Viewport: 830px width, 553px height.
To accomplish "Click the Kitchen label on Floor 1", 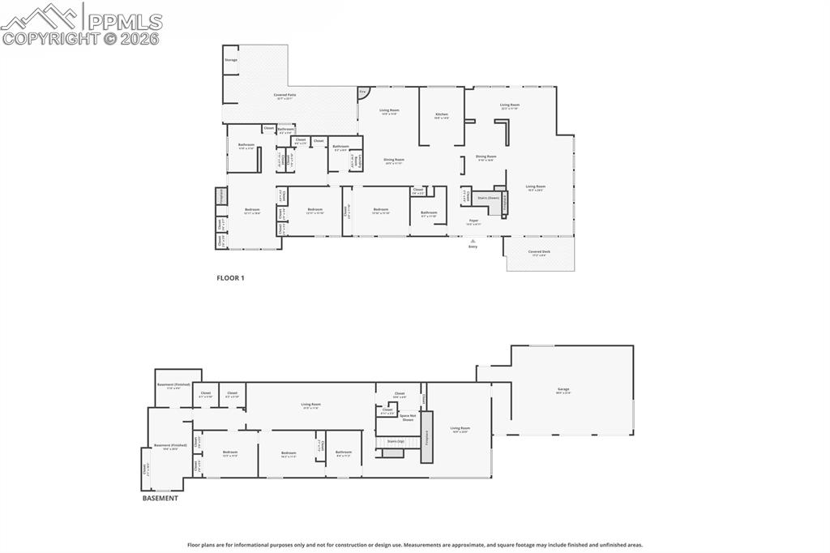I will coord(441,115).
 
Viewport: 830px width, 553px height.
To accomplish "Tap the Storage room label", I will coord(231,60).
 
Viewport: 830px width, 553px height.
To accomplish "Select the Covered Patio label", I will coord(285,96).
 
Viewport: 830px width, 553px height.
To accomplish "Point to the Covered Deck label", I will coord(539,252).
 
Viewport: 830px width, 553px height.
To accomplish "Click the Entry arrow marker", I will coord(473,240).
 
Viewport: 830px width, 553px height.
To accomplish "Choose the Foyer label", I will coord(474,221).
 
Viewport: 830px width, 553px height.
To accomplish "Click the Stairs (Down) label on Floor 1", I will coord(488,197).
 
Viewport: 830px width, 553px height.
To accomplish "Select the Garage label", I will coord(563,390).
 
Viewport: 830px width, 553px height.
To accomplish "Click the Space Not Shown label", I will coord(408,418).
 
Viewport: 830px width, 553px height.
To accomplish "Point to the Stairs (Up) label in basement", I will coord(396,442).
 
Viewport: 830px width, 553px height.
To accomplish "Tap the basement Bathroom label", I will coord(344,452).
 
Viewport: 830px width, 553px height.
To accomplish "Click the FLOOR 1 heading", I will coord(230,278).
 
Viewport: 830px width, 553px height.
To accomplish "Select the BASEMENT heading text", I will coord(160,499).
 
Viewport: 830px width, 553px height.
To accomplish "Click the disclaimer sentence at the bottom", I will coord(415,545).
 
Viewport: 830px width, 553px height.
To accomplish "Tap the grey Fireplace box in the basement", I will coord(426,437).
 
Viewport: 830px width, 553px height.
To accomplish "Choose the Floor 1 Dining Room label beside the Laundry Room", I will coord(394,161).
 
